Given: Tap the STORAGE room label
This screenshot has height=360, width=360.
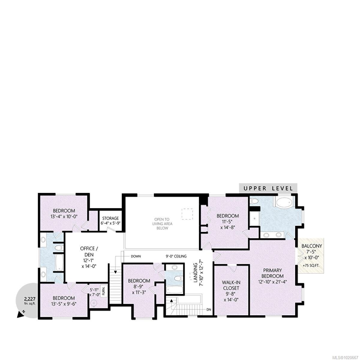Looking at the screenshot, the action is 110,218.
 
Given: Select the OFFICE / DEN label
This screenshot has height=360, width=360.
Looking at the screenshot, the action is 87,251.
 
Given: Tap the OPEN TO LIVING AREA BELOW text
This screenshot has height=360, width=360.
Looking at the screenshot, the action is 162,223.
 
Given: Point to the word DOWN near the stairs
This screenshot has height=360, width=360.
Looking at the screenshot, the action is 136,256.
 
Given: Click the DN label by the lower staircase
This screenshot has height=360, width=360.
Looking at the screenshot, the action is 209,310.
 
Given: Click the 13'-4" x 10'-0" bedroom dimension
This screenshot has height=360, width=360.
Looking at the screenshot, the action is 64,217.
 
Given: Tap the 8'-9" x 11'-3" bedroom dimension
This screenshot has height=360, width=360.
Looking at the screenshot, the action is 139,289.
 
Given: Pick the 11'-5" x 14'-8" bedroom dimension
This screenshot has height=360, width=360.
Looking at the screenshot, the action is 227,225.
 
